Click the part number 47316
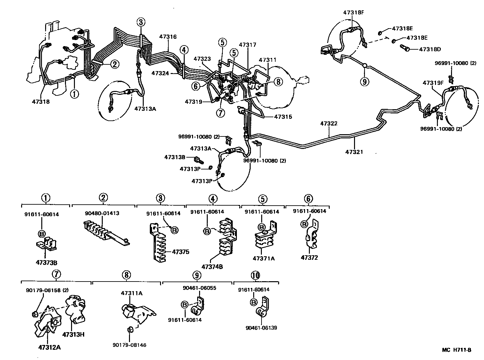168,37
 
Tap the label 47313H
73,335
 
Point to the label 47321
354,152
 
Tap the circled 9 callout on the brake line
364,81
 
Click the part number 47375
181,252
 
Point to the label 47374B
212,266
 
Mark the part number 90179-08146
129,345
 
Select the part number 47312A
49,348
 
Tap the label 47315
283,117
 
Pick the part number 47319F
433,83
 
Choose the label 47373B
46,263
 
